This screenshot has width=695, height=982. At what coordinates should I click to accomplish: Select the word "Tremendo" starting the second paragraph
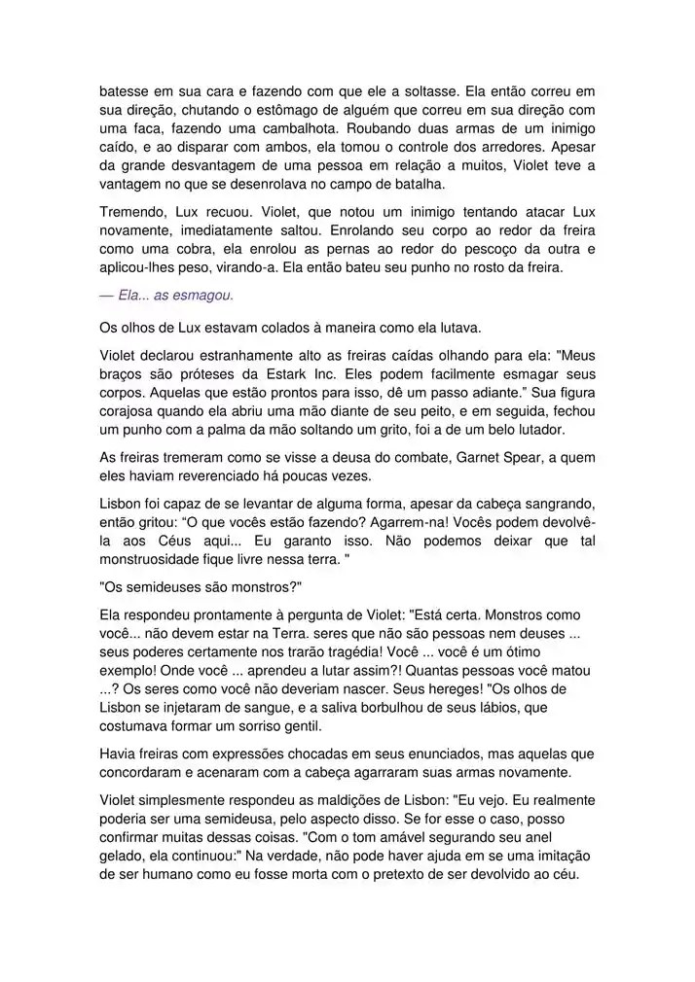[133, 212]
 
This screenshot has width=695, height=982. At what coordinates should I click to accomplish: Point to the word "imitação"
[563, 856]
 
